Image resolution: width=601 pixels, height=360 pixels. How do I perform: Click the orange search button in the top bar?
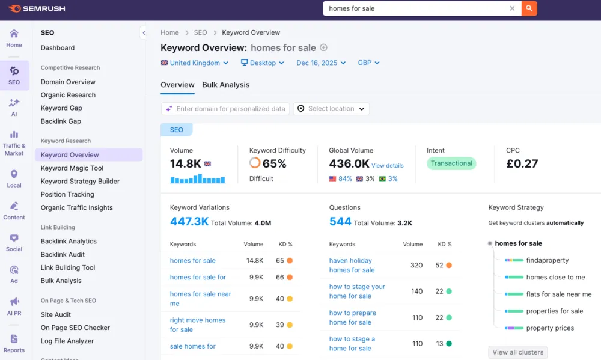point(529,8)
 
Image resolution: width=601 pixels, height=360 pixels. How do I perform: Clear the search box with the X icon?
point(512,8)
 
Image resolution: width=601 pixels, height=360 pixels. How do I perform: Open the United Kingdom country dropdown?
point(195,63)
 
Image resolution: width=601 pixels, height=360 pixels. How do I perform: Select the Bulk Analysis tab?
point(226,85)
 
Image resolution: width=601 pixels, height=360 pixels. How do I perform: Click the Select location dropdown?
point(331,109)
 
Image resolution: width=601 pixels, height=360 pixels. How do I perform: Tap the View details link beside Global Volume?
point(388,166)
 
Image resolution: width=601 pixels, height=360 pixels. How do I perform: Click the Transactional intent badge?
point(451,163)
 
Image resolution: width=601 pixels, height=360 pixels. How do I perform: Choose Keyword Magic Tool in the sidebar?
point(72,168)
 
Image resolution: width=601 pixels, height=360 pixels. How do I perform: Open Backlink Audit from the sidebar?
point(63,255)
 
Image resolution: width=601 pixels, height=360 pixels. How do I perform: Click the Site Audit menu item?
point(56,315)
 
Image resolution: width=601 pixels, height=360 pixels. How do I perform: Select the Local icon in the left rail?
point(14,178)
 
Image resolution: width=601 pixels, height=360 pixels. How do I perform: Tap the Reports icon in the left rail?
point(14,344)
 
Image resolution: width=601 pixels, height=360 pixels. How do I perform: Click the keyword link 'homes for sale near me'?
point(201,299)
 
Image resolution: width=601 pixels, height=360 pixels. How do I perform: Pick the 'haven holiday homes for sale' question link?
point(352,265)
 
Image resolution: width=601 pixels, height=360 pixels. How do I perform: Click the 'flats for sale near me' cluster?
point(559,294)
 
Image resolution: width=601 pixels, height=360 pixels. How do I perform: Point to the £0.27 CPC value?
point(522,163)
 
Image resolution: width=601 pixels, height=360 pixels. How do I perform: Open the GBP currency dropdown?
point(368,63)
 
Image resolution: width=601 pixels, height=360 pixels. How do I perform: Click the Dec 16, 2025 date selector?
point(321,63)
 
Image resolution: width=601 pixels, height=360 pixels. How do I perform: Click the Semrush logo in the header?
point(37,8)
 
